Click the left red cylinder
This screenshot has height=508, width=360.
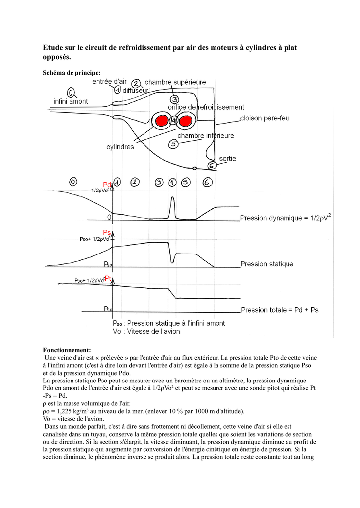pos(161,121)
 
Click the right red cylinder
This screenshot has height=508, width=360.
pos(185,121)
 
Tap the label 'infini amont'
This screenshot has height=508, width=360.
pos(71,101)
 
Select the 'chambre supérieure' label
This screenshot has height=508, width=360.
pos(175,82)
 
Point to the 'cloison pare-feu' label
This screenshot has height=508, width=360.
pos(264,118)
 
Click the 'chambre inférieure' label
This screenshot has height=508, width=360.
pos(206,136)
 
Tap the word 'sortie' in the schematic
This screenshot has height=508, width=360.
pos(228,158)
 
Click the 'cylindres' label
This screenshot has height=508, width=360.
pos(120,147)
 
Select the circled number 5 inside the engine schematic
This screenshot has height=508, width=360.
pos(173,144)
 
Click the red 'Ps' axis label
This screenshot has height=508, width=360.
pos(107,232)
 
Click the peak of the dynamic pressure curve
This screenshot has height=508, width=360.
pos(172,197)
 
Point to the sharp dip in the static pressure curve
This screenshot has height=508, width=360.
pos(172,262)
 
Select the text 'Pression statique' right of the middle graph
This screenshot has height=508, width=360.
pos(267,264)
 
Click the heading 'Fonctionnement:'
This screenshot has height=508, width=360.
pos(67,350)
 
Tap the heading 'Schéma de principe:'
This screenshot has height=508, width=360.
pos(72,73)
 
